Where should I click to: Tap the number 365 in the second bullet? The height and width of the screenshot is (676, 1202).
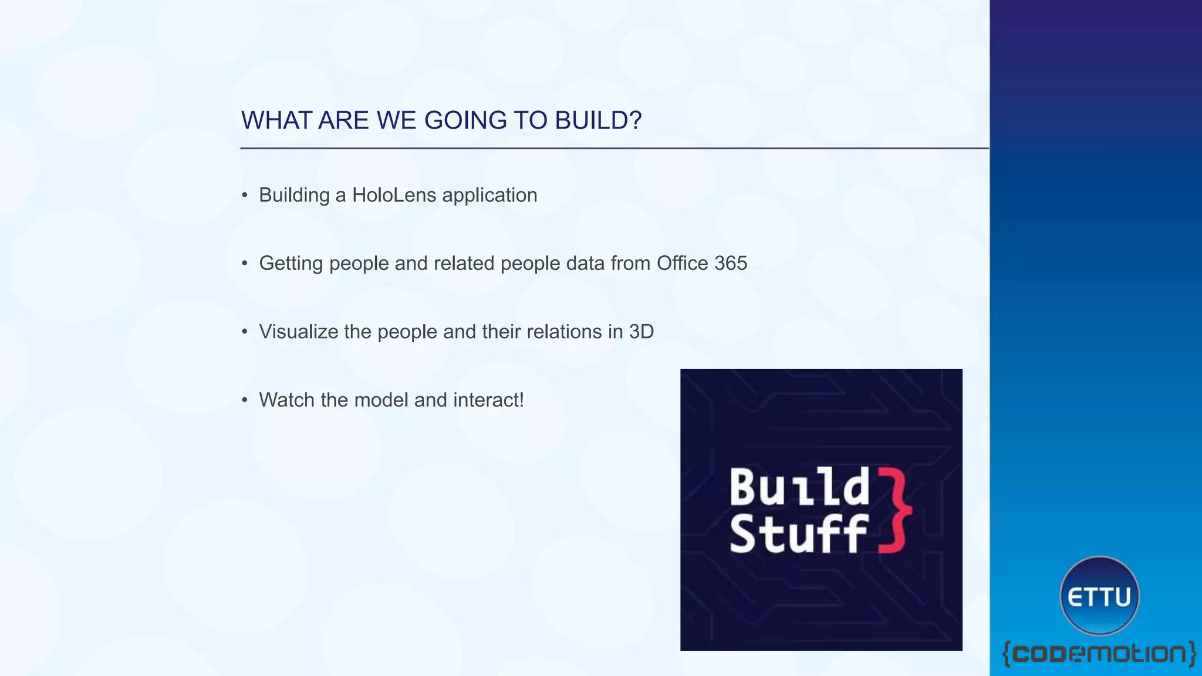point(730,263)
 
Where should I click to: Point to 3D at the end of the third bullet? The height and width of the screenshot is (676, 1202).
point(641,332)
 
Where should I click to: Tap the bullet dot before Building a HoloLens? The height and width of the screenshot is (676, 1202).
point(245,195)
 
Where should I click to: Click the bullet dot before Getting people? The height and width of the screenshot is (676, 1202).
point(245,263)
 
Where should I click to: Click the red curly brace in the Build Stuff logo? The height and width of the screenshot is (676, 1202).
point(894,510)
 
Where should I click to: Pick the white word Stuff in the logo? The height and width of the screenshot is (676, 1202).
point(798,533)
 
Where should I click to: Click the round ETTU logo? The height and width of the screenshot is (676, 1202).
point(1099,596)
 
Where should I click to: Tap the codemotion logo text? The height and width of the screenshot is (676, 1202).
point(1099,653)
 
